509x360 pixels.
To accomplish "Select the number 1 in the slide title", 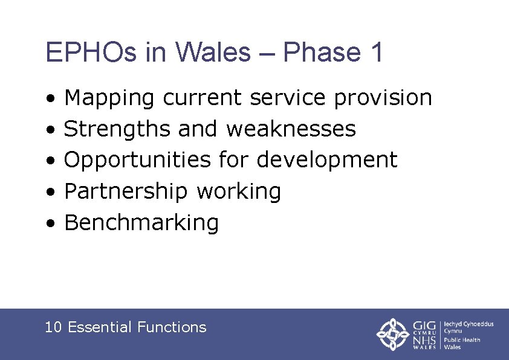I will click(x=375, y=53).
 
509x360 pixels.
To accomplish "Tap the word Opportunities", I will click(x=138, y=160).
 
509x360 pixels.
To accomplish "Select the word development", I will click(x=327, y=160).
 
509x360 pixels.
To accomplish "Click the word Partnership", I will click(x=126, y=191).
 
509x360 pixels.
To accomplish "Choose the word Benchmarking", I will click(x=141, y=223).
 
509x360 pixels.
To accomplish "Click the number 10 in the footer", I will click(x=53, y=327).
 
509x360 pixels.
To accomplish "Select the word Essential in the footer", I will click(x=100, y=327).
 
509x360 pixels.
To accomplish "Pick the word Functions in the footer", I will click(x=172, y=327).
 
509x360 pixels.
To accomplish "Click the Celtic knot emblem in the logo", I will click(x=394, y=334).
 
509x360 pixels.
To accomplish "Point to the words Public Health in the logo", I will click(x=462, y=339).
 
